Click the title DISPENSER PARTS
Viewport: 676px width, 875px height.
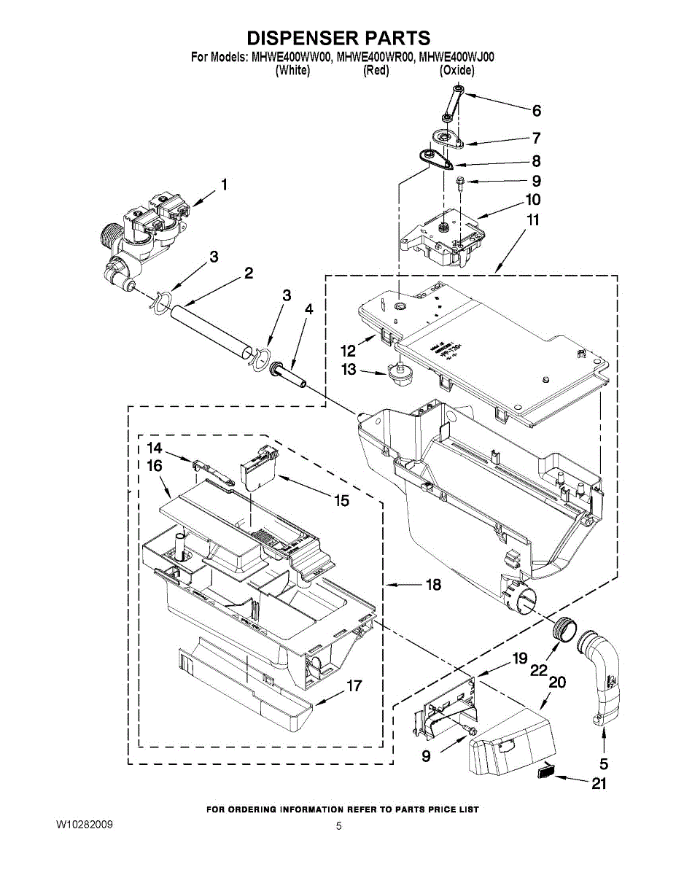click(x=338, y=38)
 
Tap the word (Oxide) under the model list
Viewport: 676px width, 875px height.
click(x=457, y=71)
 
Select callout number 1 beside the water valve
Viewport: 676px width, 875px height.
click(x=224, y=185)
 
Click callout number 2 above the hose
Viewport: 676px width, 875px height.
click(x=249, y=273)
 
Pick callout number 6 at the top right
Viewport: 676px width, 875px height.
click(x=536, y=111)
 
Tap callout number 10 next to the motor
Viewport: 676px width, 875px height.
click(x=532, y=199)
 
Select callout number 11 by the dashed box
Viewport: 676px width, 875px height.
click(x=533, y=219)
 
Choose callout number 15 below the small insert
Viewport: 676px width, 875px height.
click(x=341, y=501)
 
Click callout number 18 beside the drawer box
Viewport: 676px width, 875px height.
click(x=433, y=585)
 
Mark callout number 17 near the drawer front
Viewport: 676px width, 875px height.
click(x=354, y=686)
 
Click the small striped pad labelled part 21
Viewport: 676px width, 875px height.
click(x=548, y=772)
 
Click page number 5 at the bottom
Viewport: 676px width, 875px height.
click(x=338, y=826)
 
